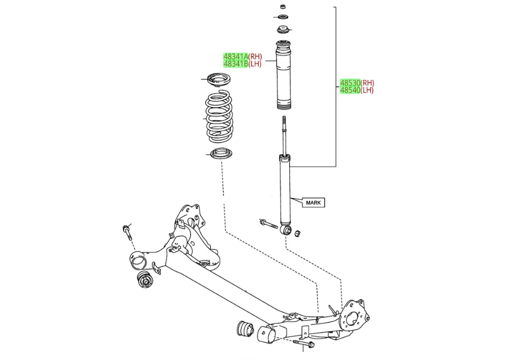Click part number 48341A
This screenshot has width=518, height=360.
(x=236, y=56)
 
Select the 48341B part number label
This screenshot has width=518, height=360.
(x=236, y=64)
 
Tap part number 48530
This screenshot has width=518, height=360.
(x=350, y=83)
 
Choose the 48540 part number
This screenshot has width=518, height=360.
(x=350, y=90)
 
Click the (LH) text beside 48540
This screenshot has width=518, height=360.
(x=367, y=90)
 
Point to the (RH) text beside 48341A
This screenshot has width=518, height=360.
(x=255, y=56)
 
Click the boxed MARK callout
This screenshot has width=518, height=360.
(x=313, y=203)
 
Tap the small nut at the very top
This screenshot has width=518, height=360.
(x=283, y=6)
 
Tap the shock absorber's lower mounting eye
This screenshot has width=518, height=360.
(x=288, y=231)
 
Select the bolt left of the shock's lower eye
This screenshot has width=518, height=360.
(x=268, y=223)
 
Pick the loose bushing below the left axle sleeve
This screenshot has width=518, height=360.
(x=145, y=280)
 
